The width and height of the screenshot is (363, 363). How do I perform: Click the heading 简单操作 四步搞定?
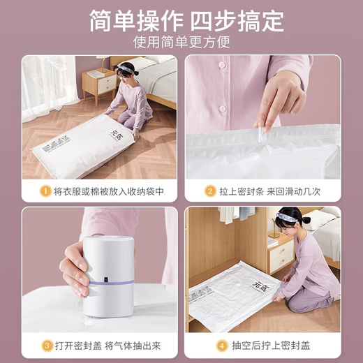(x=181, y=21)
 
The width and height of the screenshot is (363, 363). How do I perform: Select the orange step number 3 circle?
(x=43, y=344)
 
